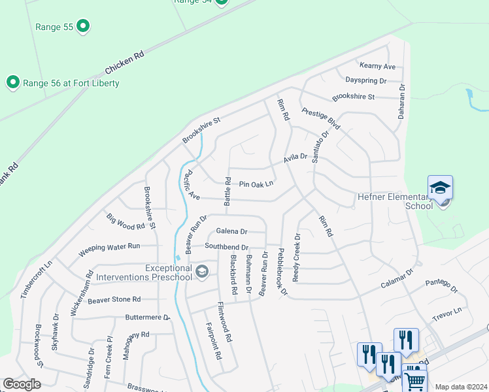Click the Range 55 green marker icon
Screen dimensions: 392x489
click(82, 27)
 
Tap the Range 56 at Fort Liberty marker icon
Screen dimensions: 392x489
click(12, 82)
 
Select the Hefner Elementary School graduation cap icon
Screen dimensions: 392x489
click(440, 188)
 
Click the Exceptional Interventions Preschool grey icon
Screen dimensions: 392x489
click(203, 271)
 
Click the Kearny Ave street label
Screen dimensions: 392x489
click(378, 66)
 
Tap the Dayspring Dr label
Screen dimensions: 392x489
click(365, 81)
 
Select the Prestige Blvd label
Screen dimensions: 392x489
click(321, 118)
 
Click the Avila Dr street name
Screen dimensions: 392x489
click(295, 157)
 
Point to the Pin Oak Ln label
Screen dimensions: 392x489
click(256, 185)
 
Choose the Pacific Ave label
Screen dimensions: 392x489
click(190, 185)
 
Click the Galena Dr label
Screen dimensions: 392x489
click(231, 231)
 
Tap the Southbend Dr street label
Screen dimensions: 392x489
click(226, 247)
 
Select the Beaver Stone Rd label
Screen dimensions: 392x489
click(114, 299)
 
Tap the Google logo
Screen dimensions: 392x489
click(22, 384)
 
